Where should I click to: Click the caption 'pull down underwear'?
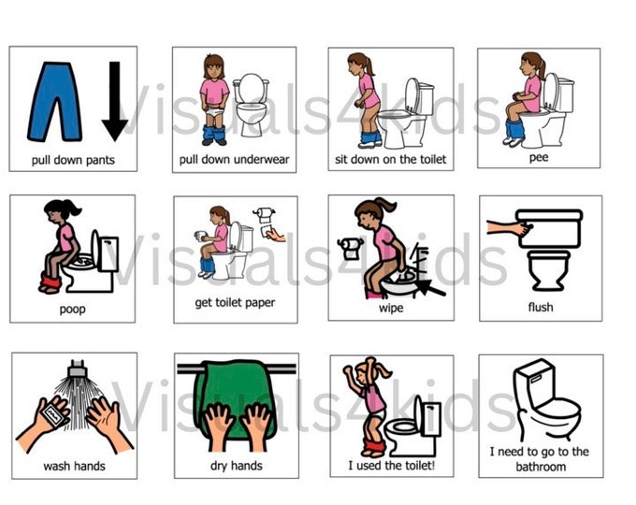(x=234, y=159)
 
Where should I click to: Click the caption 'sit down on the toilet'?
(x=391, y=159)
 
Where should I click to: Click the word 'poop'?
(x=72, y=309)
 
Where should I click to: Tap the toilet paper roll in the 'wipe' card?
(x=351, y=247)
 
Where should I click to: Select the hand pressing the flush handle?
(x=504, y=227)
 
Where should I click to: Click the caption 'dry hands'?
(x=236, y=465)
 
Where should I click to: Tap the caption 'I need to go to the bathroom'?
(x=540, y=458)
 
